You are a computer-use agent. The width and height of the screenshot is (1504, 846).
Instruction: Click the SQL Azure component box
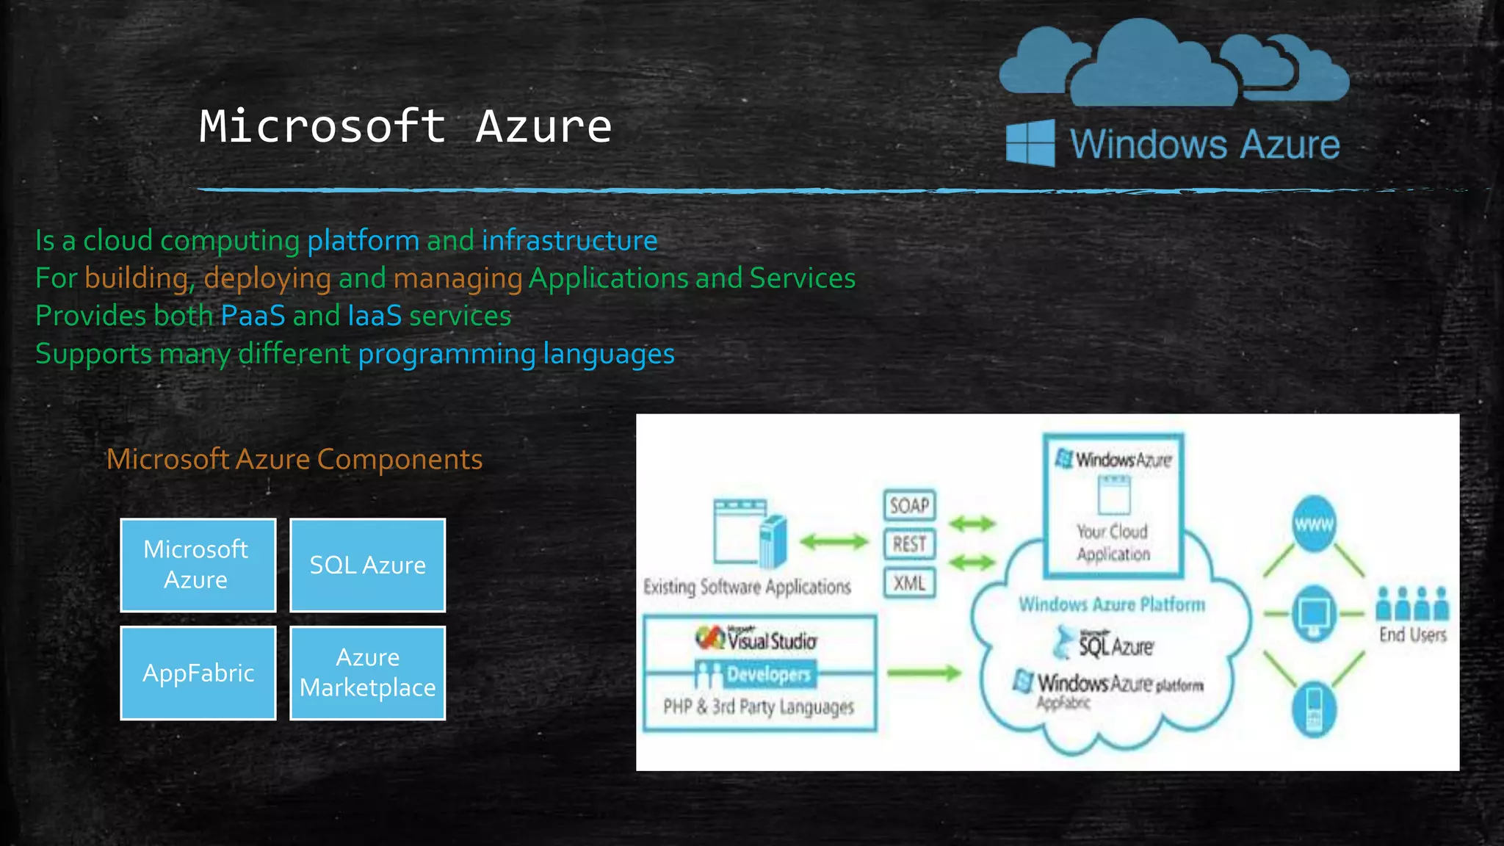coord(367,565)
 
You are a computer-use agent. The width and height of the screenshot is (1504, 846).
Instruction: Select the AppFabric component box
coord(198,673)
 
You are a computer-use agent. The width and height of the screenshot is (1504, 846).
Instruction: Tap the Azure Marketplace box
coord(367,673)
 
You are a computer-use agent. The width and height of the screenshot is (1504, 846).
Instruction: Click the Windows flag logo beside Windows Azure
coord(1030,143)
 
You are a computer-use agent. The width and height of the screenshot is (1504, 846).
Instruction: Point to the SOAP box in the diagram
coord(909,505)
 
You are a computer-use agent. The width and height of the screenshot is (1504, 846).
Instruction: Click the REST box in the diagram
coord(909,544)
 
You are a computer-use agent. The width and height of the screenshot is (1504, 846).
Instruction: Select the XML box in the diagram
coord(909,583)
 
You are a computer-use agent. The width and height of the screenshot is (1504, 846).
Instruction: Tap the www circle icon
coord(1314,524)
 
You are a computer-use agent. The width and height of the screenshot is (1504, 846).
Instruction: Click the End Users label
coord(1412,634)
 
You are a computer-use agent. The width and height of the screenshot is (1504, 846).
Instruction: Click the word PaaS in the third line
coord(253,316)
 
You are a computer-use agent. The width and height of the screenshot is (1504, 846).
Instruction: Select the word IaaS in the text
coord(375,316)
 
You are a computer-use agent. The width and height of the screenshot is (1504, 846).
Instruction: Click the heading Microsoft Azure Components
coord(294,459)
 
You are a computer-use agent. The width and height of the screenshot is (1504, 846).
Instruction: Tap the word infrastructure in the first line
coord(569,240)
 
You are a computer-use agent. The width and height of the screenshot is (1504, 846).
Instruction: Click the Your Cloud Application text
coord(1113,542)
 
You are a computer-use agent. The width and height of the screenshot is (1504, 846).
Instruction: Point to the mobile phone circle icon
coord(1314,709)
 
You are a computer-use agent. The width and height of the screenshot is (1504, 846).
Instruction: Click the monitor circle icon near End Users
coord(1314,613)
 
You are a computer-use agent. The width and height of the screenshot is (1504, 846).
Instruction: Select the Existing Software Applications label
coord(747,587)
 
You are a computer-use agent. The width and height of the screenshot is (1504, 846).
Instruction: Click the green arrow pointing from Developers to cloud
coord(924,673)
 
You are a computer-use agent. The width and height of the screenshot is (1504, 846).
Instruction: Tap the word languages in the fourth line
coord(608,354)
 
